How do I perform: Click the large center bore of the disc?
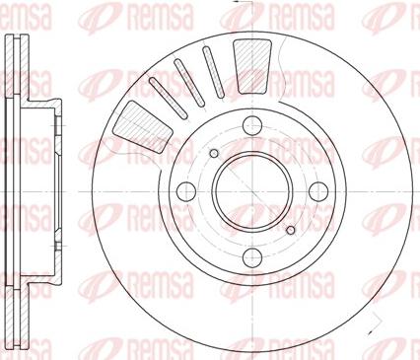[243, 187]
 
